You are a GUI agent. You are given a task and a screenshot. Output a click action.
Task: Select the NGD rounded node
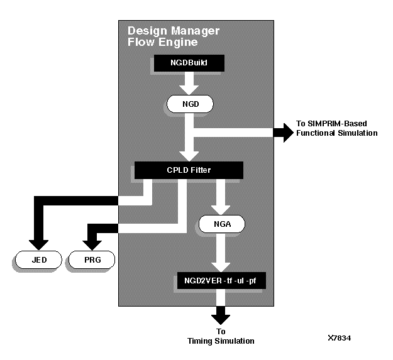[x=189, y=103]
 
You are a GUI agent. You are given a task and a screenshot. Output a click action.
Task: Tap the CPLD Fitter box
[x=189, y=170]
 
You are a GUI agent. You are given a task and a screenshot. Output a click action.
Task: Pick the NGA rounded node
[x=221, y=222]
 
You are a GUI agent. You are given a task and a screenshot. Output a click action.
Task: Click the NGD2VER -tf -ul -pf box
[x=221, y=281]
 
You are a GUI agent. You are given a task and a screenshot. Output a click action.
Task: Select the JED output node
[x=38, y=258]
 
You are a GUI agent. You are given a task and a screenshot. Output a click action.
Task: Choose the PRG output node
[x=92, y=258]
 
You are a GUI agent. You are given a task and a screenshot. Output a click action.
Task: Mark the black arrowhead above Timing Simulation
[x=221, y=316]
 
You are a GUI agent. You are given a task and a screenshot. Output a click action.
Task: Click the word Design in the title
[x=145, y=30]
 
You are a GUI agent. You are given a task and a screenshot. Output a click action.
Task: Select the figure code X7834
[x=340, y=338]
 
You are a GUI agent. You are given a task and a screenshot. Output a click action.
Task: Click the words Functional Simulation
[x=336, y=133]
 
